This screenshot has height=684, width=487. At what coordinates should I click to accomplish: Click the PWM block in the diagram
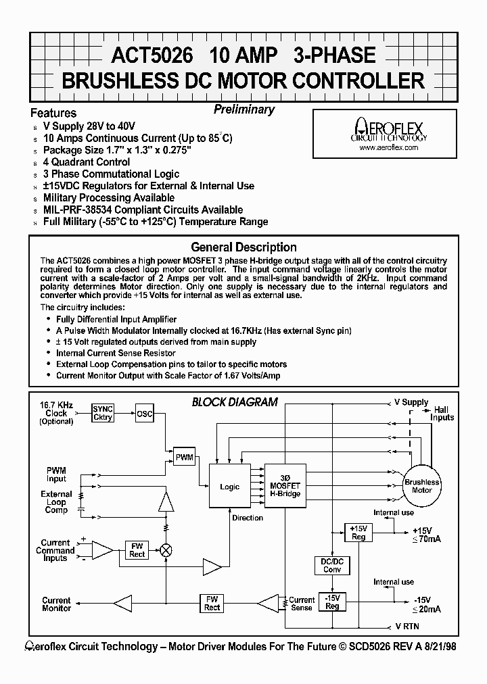point(184,458)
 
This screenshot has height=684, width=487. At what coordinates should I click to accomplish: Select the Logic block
point(229,487)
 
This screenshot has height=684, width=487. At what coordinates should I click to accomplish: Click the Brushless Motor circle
point(421,485)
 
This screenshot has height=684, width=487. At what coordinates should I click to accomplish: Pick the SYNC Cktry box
point(103,413)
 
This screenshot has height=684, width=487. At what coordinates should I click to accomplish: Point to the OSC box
point(145,413)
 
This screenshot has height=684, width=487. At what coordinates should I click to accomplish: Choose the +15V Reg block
point(358,532)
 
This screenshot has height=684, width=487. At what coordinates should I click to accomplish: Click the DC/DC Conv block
point(331,564)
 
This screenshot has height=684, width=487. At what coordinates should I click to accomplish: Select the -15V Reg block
point(331,602)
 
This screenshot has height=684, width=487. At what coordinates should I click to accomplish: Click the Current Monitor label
point(56,604)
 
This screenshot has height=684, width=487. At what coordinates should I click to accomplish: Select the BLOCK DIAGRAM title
point(235,401)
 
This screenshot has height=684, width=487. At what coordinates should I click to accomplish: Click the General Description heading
point(243,247)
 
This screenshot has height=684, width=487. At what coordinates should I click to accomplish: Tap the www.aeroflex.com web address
point(389,147)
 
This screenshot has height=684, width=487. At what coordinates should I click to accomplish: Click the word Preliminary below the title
point(244,109)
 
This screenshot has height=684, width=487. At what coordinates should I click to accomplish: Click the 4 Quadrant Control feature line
point(87,162)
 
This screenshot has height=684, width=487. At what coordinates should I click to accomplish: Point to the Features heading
point(53,113)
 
